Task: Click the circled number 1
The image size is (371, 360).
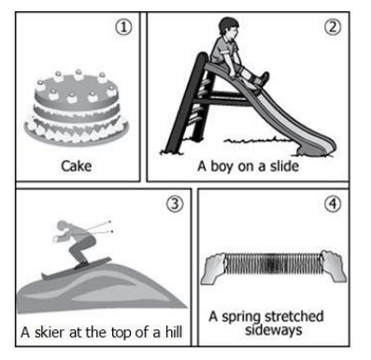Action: pos(123,27)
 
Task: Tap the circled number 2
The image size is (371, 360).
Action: pos(333,27)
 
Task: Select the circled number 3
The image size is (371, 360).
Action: pos(175,204)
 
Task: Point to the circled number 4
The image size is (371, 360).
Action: pos(333,204)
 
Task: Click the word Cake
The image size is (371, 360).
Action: pos(77,166)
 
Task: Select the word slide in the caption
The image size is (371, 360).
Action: pos(284,166)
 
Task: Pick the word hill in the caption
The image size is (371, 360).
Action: pos(174,332)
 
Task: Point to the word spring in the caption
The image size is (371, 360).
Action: pos(241,318)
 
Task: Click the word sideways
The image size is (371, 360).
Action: pos(274,330)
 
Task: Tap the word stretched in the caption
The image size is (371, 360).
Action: pos(293,316)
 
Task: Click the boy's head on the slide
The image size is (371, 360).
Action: pos(228,26)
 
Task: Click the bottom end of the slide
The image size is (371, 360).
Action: pos(316,151)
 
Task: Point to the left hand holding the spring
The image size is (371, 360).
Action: pos(213,267)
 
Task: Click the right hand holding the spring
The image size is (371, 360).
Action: pos(333,266)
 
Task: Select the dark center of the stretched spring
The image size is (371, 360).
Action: pos(272,265)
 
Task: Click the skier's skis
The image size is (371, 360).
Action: pos(77,268)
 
